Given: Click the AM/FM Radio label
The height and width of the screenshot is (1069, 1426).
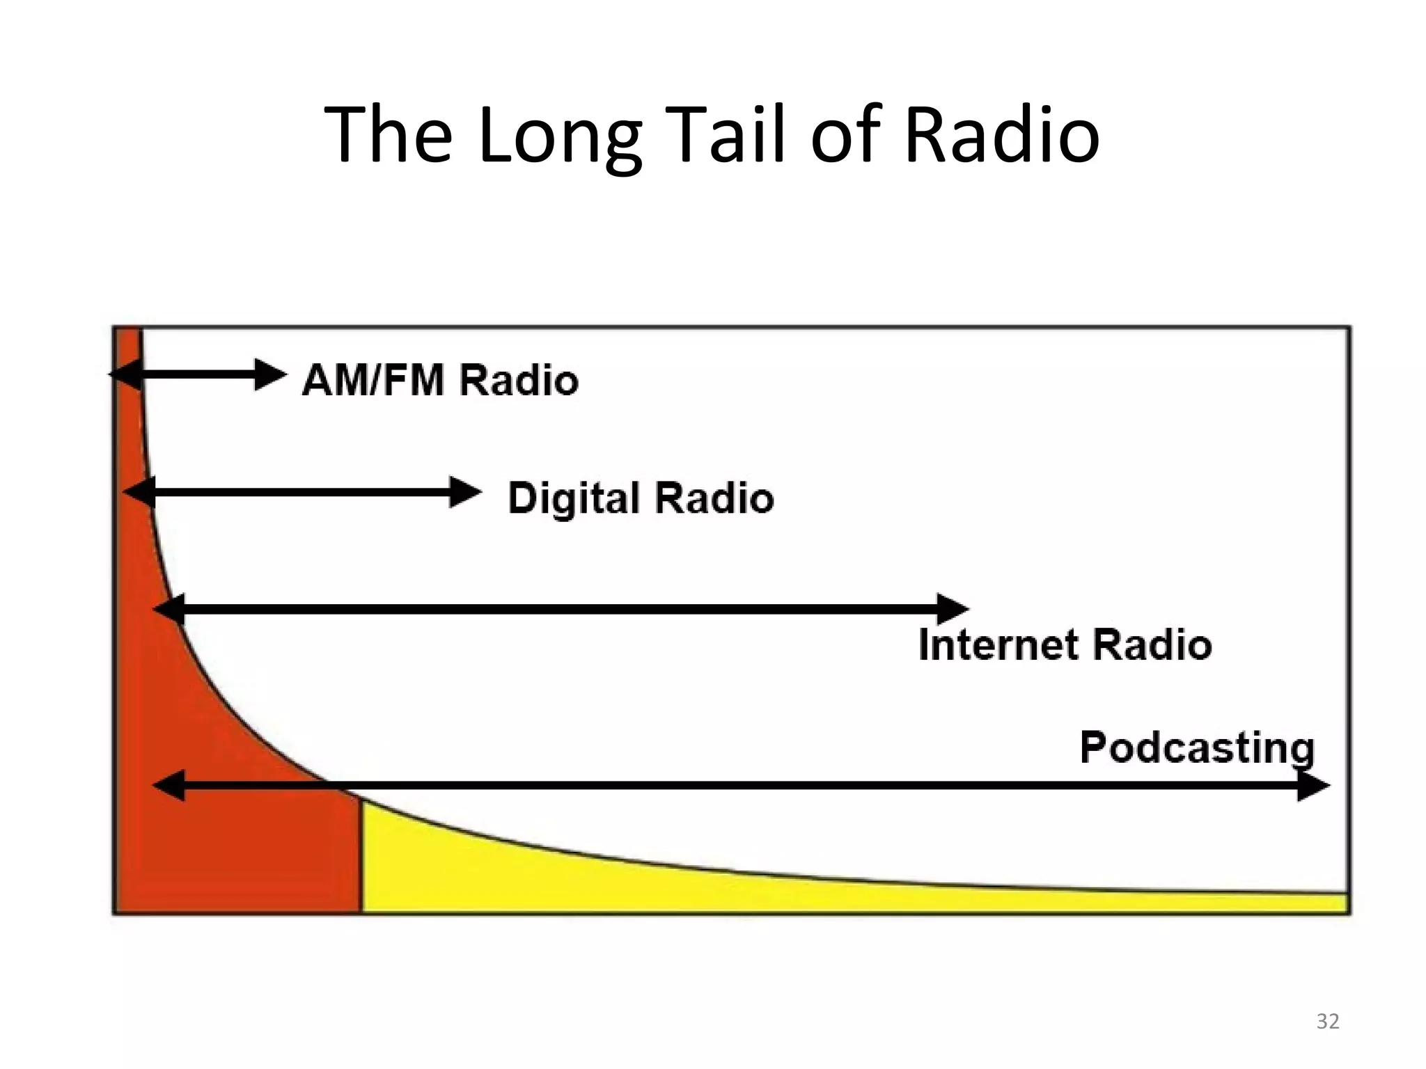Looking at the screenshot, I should (440, 380).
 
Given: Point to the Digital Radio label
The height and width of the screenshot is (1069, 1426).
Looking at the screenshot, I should (641, 498).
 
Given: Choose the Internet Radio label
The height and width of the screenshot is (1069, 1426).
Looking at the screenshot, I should (1065, 644).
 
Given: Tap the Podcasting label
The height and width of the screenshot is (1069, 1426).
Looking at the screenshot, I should (1197, 748).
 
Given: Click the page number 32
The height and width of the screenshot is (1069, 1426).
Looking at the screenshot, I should (1328, 1021).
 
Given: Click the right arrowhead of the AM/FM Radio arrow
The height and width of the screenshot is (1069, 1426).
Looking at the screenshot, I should (270, 375).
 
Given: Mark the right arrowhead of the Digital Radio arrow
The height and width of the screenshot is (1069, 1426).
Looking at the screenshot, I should (465, 493).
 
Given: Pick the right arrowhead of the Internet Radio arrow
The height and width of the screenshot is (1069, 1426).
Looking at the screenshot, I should (953, 610).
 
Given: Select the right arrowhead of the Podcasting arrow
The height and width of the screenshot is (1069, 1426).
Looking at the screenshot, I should (1313, 786).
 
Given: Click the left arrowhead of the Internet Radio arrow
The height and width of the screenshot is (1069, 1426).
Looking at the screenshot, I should (169, 610).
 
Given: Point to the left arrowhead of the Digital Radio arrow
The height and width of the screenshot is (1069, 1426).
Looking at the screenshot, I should (139, 493).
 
